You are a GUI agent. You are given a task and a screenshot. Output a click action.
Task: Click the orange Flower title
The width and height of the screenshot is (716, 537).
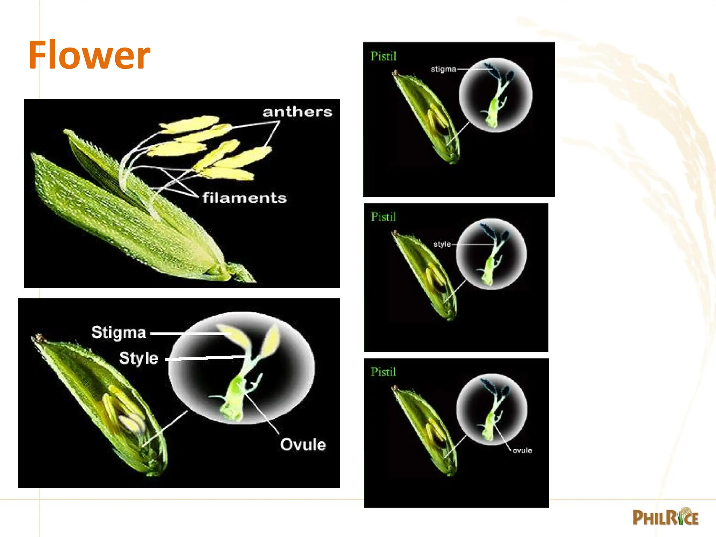coord(89,55)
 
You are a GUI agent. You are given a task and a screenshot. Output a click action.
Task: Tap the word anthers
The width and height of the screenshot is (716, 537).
coord(297,112)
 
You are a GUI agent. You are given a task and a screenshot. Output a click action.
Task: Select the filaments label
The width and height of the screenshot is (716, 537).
coord(244,198)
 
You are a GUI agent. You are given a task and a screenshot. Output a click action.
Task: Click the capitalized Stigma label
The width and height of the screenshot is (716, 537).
coord(119,332)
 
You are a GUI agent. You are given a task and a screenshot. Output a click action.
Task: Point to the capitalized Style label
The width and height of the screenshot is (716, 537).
coord(138,358)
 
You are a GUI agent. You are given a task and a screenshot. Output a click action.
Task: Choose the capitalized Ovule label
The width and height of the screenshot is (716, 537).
coord(303,445)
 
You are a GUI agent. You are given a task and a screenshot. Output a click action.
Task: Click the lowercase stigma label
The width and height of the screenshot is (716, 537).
coord(443,69)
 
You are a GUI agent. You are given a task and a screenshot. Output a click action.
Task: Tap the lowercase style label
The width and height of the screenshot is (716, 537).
coord(442,244)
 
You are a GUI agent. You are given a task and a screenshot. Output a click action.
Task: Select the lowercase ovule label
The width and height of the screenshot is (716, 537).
coord(522,450)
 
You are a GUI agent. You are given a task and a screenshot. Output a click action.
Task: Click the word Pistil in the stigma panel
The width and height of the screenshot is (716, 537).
coord(383,56)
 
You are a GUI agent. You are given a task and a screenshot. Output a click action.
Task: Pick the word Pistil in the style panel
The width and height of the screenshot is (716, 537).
coord(383,217)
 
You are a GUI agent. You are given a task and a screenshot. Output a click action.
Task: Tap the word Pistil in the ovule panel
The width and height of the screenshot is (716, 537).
coord(383,372)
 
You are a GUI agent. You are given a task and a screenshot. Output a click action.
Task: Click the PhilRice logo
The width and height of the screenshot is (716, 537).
coord(665,517)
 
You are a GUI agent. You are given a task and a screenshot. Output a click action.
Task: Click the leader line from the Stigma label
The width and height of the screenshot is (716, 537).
coord(189,334)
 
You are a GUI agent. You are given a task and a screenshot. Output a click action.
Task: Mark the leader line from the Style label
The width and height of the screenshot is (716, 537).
coord(206,358)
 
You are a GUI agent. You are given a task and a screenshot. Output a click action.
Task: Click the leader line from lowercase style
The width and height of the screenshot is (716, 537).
coord(472,244)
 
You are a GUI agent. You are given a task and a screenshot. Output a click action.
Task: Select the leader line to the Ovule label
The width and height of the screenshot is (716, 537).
coord(262,414)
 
